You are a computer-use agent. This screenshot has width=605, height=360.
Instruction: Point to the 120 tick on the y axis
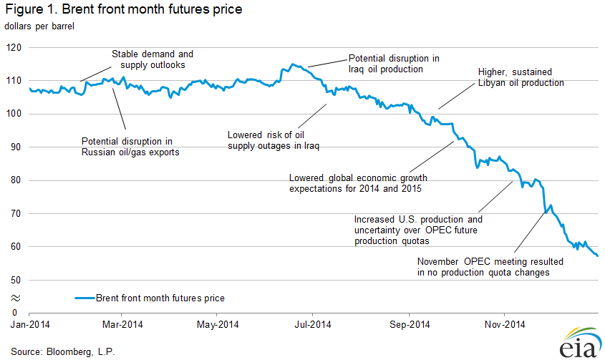point(15,47)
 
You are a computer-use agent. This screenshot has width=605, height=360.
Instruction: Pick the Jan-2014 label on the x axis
point(29,324)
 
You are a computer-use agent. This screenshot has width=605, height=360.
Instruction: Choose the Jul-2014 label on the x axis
point(313,324)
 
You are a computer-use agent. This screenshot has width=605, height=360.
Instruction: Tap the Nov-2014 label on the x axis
point(504,324)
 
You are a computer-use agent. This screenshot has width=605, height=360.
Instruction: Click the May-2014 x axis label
point(217,324)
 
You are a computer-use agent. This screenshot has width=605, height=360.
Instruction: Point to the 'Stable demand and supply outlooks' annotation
point(153,59)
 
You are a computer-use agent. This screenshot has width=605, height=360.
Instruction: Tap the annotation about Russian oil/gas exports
point(130,147)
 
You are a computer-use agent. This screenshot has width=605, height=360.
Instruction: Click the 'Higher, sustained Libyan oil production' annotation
point(521,77)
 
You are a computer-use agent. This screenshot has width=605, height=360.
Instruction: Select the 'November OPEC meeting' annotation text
point(490,267)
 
